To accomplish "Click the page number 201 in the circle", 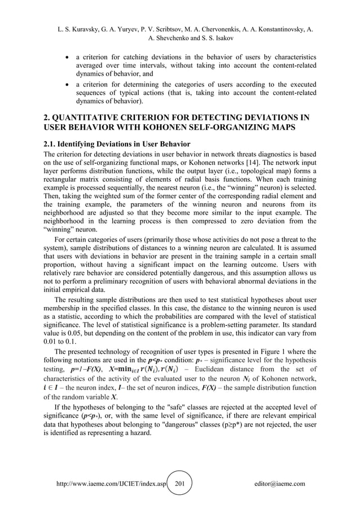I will (180, 484).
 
